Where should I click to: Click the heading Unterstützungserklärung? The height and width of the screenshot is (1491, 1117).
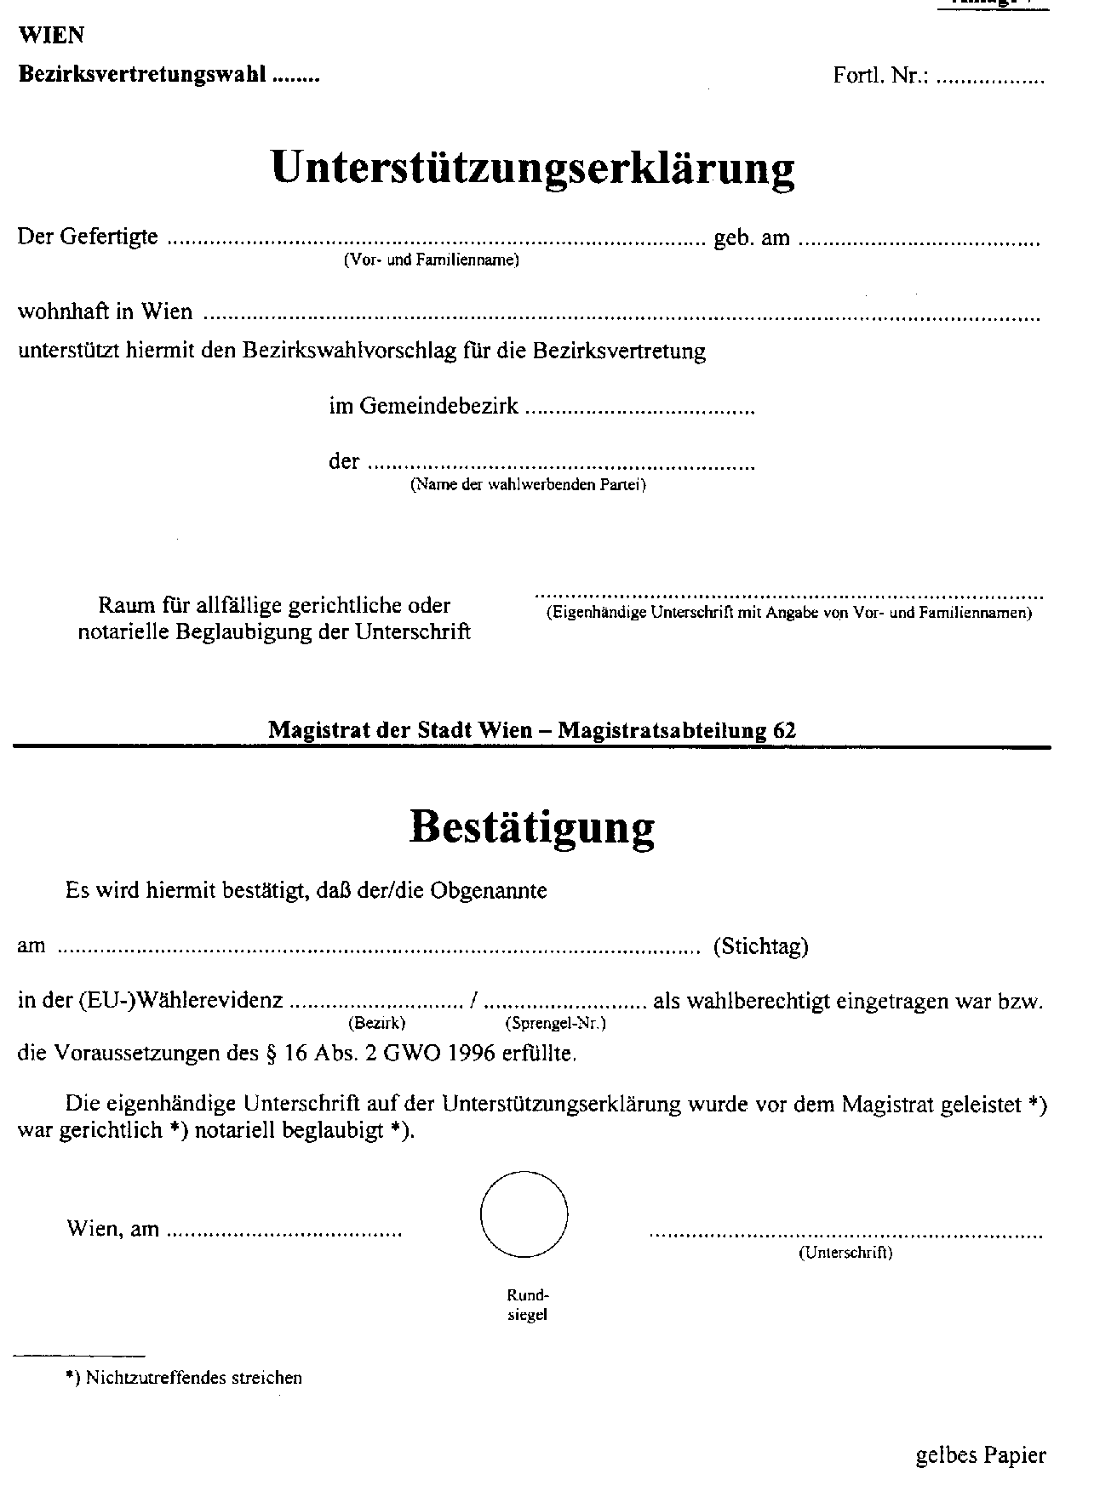pos(533,169)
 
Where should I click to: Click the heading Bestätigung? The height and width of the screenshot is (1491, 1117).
pos(532,827)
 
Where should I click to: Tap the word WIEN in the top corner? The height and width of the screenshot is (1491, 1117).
pos(51,36)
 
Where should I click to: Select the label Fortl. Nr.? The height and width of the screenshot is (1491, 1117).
pos(880,76)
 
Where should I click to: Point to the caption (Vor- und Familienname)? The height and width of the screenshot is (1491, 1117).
pos(431,261)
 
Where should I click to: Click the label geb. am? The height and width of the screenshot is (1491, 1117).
pos(752,238)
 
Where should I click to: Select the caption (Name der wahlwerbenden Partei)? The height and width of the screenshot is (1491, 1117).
pos(528,486)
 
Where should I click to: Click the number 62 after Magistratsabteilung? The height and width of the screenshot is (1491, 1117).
pos(785,729)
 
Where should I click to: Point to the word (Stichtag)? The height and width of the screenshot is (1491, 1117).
pos(760,946)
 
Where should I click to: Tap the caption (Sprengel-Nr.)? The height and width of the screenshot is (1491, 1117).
pos(555,1023)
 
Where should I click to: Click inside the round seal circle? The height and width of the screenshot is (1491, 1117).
pos(524,1214)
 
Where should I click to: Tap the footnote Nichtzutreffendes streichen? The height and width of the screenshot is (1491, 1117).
pos(194,1378)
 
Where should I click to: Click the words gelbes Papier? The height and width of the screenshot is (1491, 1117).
pos(981,1456)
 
